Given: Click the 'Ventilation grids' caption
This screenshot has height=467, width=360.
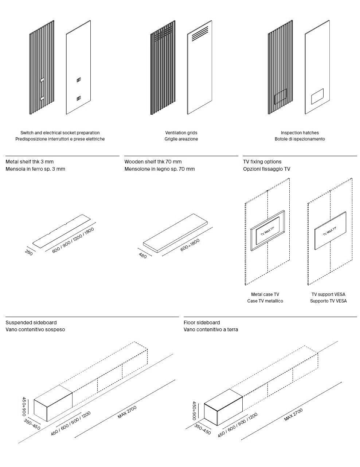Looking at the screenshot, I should (181, 133).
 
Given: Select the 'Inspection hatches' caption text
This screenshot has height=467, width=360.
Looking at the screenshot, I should (300, 133).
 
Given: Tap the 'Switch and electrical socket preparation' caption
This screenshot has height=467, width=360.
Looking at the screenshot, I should (60, 133).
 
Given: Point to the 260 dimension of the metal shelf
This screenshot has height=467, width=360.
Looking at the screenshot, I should (29, 252).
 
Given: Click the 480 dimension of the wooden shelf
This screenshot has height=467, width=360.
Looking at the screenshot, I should (143, 256).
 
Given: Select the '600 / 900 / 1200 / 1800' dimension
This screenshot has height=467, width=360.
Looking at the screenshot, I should (73, 240).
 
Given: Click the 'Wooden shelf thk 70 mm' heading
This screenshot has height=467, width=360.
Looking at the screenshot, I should (153, 162).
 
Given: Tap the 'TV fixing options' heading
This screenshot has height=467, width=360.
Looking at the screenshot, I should (262, 162).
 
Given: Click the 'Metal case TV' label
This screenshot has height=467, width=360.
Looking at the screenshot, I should (265, 294).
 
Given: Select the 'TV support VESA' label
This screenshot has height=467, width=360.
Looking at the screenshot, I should (328, 294).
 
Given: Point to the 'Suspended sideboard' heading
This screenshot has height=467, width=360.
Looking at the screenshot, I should (31, 322).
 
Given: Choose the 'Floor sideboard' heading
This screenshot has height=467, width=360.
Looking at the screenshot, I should (201, 322).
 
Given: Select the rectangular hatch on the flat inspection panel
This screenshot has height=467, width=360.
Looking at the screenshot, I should (317, 96).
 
